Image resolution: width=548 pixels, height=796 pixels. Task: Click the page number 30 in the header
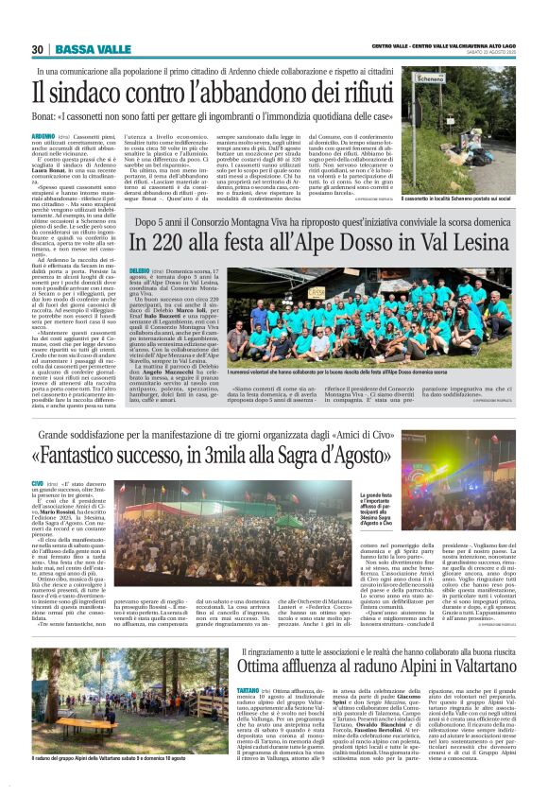click(37, 48)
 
